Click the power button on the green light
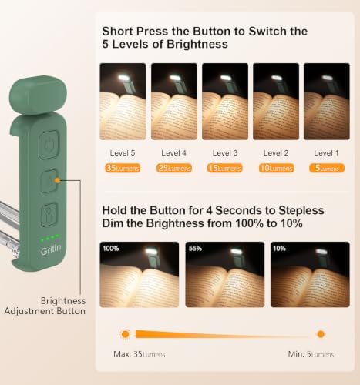point(49,145)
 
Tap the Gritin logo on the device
point(51,249)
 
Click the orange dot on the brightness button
point(57,180)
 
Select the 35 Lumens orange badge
point(123,168)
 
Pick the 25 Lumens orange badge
point(174,168)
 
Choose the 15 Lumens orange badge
point(225,168)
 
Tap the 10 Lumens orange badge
point(277,168)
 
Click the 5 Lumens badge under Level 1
point(327,168)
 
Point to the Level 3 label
point(225,153)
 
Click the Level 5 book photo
point(123,102)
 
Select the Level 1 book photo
point(327,102)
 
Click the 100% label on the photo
point(111,249)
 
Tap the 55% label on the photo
point(195,249)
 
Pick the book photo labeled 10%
point(310,274)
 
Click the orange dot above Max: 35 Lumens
point(125,334)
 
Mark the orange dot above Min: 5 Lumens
point(321,334)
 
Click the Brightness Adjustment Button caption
point(45,306)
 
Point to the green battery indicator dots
point(50,238)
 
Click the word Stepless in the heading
point(301,211)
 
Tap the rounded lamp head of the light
point(38,95)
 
